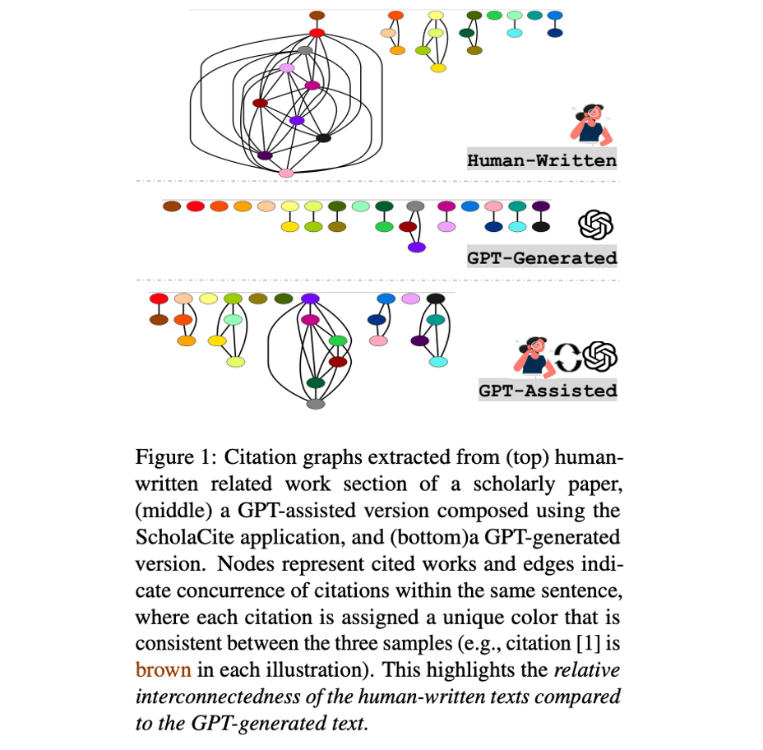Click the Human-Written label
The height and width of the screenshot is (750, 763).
[x=542, y=160]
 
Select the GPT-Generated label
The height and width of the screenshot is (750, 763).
[x=542, y=257]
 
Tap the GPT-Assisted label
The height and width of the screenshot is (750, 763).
[x=548, y=390]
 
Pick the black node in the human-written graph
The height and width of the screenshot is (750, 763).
[x=323, y=138]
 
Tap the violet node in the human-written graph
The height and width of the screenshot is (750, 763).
[x=297, y=121]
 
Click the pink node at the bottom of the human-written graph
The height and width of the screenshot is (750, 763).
[x=286, y=173]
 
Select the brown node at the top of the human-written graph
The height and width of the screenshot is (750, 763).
[x=317, y=16]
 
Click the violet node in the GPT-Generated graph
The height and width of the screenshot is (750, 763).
[x=417, y=247]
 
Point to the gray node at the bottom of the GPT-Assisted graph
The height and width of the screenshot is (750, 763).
[x=315, y=404]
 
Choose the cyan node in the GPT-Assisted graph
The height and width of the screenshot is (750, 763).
[x=438, y=362]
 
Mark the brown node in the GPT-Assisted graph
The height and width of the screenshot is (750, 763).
[x=159, y=319]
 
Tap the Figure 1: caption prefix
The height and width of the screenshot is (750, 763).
[x=174, y=456]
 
